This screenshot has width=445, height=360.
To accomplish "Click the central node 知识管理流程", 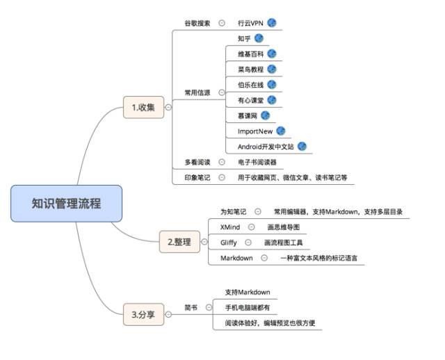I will pos(66,204).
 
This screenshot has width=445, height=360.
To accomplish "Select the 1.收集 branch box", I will pos(143,107).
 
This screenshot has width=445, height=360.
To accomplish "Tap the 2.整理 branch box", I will pos(179,242).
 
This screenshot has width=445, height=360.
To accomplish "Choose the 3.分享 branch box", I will pos(143,315).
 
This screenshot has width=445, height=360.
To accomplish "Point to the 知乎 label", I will pos(244,38).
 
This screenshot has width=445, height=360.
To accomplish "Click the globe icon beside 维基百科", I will pos(272,54).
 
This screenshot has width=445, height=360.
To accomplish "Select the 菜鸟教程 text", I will pos(250,69).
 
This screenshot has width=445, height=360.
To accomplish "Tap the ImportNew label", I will pos(255,131).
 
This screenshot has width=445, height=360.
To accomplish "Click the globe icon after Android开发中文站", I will pos(302,147).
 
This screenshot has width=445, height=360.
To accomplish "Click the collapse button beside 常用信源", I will pos(221,92).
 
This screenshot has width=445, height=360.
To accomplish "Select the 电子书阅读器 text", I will pos(257,162).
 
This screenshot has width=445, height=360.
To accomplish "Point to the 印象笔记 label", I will pos(197,177).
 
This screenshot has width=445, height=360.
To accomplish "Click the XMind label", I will pos(230,227).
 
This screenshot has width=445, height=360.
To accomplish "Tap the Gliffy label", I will pos(229,243).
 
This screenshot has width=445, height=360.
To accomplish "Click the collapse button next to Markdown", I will pos(264,258).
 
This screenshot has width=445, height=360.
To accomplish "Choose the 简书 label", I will pos(191,306).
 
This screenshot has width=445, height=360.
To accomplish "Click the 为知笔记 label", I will pos(233,211).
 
